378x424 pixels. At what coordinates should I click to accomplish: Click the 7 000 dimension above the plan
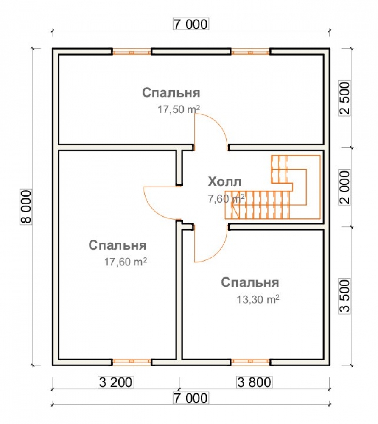[x=191, y=24]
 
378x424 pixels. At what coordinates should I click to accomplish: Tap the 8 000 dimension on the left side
[x=26, y=207]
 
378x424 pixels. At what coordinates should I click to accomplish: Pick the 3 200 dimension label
[x=116, y=382]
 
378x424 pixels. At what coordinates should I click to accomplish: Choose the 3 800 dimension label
[x=254, y=382]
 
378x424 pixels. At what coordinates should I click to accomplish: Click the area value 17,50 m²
[x=179, y=109]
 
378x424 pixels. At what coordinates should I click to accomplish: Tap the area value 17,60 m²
[x=126, y=262]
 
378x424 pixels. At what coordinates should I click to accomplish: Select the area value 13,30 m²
[x=258, y=299]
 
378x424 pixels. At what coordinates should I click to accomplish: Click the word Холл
[x=224, y=182]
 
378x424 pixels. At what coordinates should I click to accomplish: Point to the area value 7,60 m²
[x=226, y=199]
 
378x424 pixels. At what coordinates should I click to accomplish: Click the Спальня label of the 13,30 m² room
[x=250, y=282]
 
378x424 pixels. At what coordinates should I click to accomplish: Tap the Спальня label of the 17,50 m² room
[x=171, y=93]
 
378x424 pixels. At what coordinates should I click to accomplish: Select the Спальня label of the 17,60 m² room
[x=118, y=245]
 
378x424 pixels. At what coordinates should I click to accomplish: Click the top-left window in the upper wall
[x=132, y=52]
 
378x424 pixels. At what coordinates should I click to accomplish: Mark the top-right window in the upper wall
[x=251, y=52]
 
